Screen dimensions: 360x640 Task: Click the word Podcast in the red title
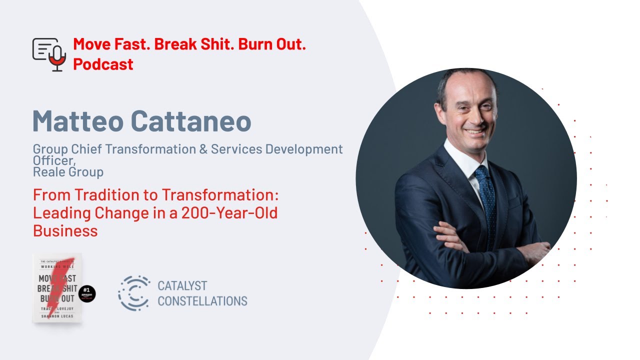103,64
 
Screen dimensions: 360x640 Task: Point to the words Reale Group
68,172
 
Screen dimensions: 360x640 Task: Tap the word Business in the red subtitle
65,230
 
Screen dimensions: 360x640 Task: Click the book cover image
57,288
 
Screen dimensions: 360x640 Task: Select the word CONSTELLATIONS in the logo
202,301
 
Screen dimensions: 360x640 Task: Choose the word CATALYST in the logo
182,286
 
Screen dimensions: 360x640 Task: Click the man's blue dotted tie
486,200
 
